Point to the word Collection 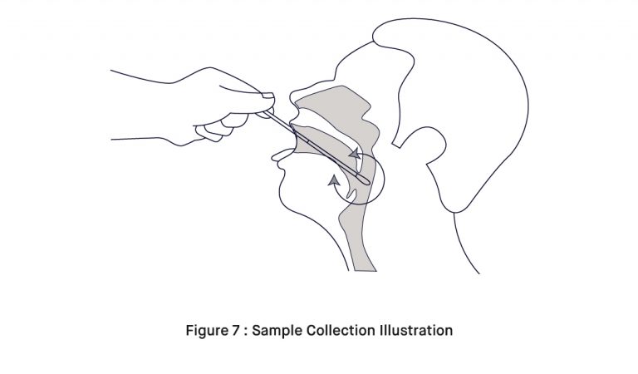point(340,330)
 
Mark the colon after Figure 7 point(245,332)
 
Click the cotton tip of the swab point(363,179)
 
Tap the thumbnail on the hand point(267,96)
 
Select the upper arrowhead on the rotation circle point(356,154)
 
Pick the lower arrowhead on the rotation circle point(334,180)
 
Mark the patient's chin point(285,195)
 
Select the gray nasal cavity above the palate point(338,106)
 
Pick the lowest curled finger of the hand point(209,133)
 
